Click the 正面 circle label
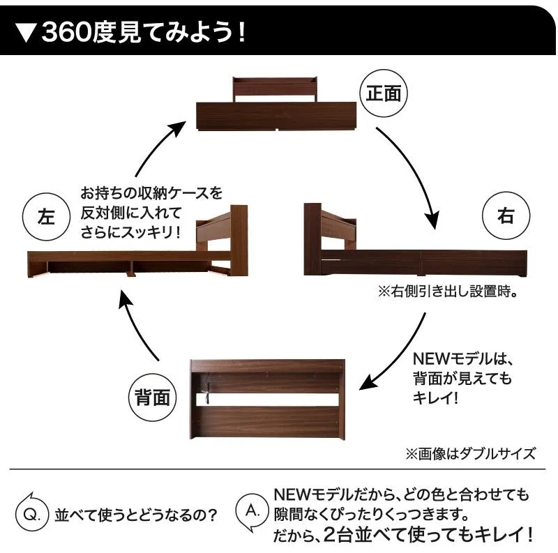click(384, 93)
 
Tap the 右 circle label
click(506, 215)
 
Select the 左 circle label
click(46, 217)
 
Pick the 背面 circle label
click(152, 397)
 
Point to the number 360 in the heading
click(66, 32)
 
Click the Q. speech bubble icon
click(31, 514)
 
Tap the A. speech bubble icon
click(252, 512)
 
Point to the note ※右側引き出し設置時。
click(448, 291)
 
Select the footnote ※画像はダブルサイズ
click(470, 454)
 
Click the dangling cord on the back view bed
click(206, 390)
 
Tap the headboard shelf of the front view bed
click(275, 90)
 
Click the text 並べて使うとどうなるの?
click(135, 515)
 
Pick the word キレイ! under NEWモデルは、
click(435, 397)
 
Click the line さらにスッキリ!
click(130, 233)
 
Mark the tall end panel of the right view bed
click(312, 238)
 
